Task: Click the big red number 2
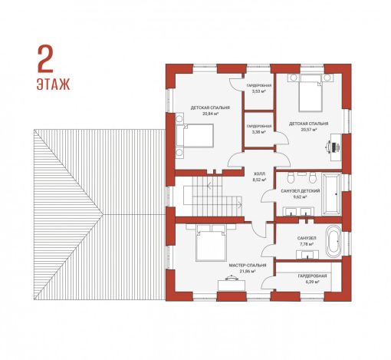(45, 59)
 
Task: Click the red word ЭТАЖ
(54, 84)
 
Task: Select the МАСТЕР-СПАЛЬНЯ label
(248, 265)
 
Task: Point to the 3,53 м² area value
(259, 91)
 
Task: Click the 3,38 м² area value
(259, 132)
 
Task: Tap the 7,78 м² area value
(307, 244)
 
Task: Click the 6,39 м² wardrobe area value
(312, 282)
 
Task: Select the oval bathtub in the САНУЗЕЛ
(333, 241)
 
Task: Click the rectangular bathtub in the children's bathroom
(331, 194)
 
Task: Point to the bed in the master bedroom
(211, 246)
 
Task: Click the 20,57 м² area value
(309, 130)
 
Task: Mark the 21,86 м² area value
(248, 271)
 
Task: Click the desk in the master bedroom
(232, 286)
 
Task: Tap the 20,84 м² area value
(210, 114)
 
